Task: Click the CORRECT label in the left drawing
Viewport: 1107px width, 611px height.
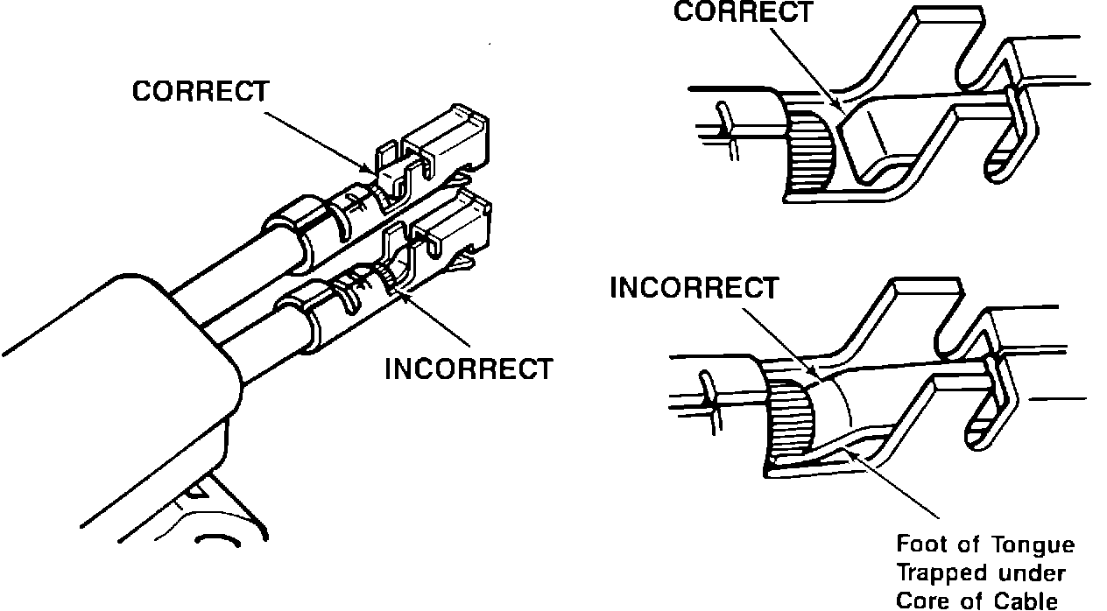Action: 201,92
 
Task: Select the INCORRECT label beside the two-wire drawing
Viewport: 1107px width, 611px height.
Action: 469,369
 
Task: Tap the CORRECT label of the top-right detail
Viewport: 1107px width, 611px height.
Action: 743,13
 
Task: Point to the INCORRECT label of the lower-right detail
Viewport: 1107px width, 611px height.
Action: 694,288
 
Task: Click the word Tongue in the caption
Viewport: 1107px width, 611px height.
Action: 1029,544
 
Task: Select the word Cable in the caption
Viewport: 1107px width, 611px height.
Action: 1032,600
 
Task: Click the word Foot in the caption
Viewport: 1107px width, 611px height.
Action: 920,544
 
